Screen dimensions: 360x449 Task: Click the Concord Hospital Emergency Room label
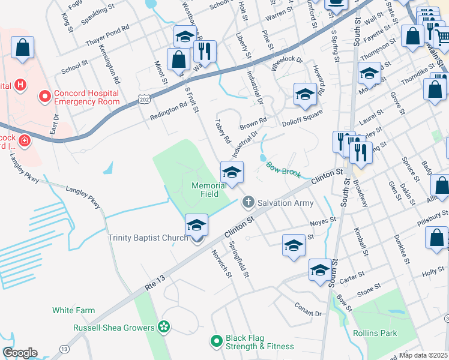tap(86, 97)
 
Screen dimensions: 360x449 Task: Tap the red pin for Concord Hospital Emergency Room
tap(44, 96)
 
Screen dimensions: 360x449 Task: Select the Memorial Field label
tap(209, 190)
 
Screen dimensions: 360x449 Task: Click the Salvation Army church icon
tap(248, 203)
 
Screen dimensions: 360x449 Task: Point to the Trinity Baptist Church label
tap(148, 238)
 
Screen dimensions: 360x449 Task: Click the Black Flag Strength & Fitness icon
tap(217, 341)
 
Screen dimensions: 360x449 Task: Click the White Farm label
tap(73, 310)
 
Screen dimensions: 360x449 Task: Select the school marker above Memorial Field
tap(232, 173)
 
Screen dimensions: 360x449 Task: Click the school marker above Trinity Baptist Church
tap(196, 226)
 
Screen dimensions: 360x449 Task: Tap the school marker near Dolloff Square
tap(305, 95)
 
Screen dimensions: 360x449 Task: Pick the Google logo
tap(19, 353)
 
